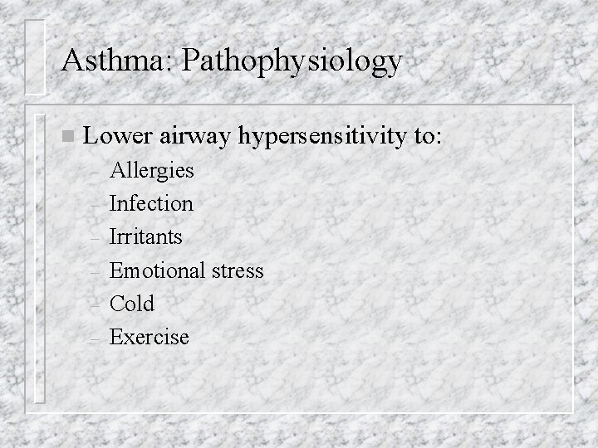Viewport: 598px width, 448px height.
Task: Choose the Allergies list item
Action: [x=151, y=171]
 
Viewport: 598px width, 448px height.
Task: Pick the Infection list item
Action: [x=151, y=203]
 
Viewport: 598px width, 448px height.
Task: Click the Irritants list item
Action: [x=146, y=236]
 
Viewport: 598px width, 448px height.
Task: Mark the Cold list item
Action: [x=131, y=304]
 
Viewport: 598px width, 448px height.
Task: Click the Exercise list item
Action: [x=149, y=337]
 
